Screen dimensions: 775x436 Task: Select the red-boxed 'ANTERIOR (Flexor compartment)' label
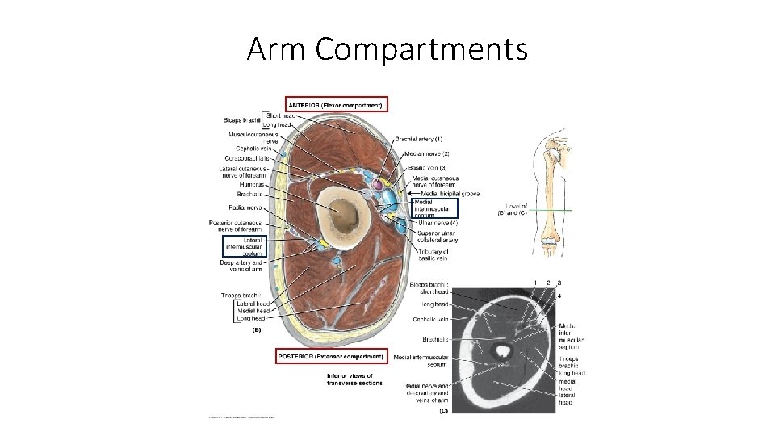click(337, 104)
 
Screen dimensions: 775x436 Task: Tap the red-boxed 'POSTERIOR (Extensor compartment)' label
click(330, 356)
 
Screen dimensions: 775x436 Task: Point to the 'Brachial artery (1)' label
click(418, 140)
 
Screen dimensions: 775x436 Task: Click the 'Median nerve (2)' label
click(429, 153)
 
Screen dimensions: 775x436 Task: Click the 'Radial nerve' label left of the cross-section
click(243, 208)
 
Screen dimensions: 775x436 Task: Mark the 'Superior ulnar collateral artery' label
click(438, 236)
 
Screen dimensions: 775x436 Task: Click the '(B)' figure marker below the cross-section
click(258, 329)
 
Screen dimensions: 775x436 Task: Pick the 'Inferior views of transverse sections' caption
click(355, 379)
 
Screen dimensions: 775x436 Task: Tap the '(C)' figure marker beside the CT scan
click(443, 411)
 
